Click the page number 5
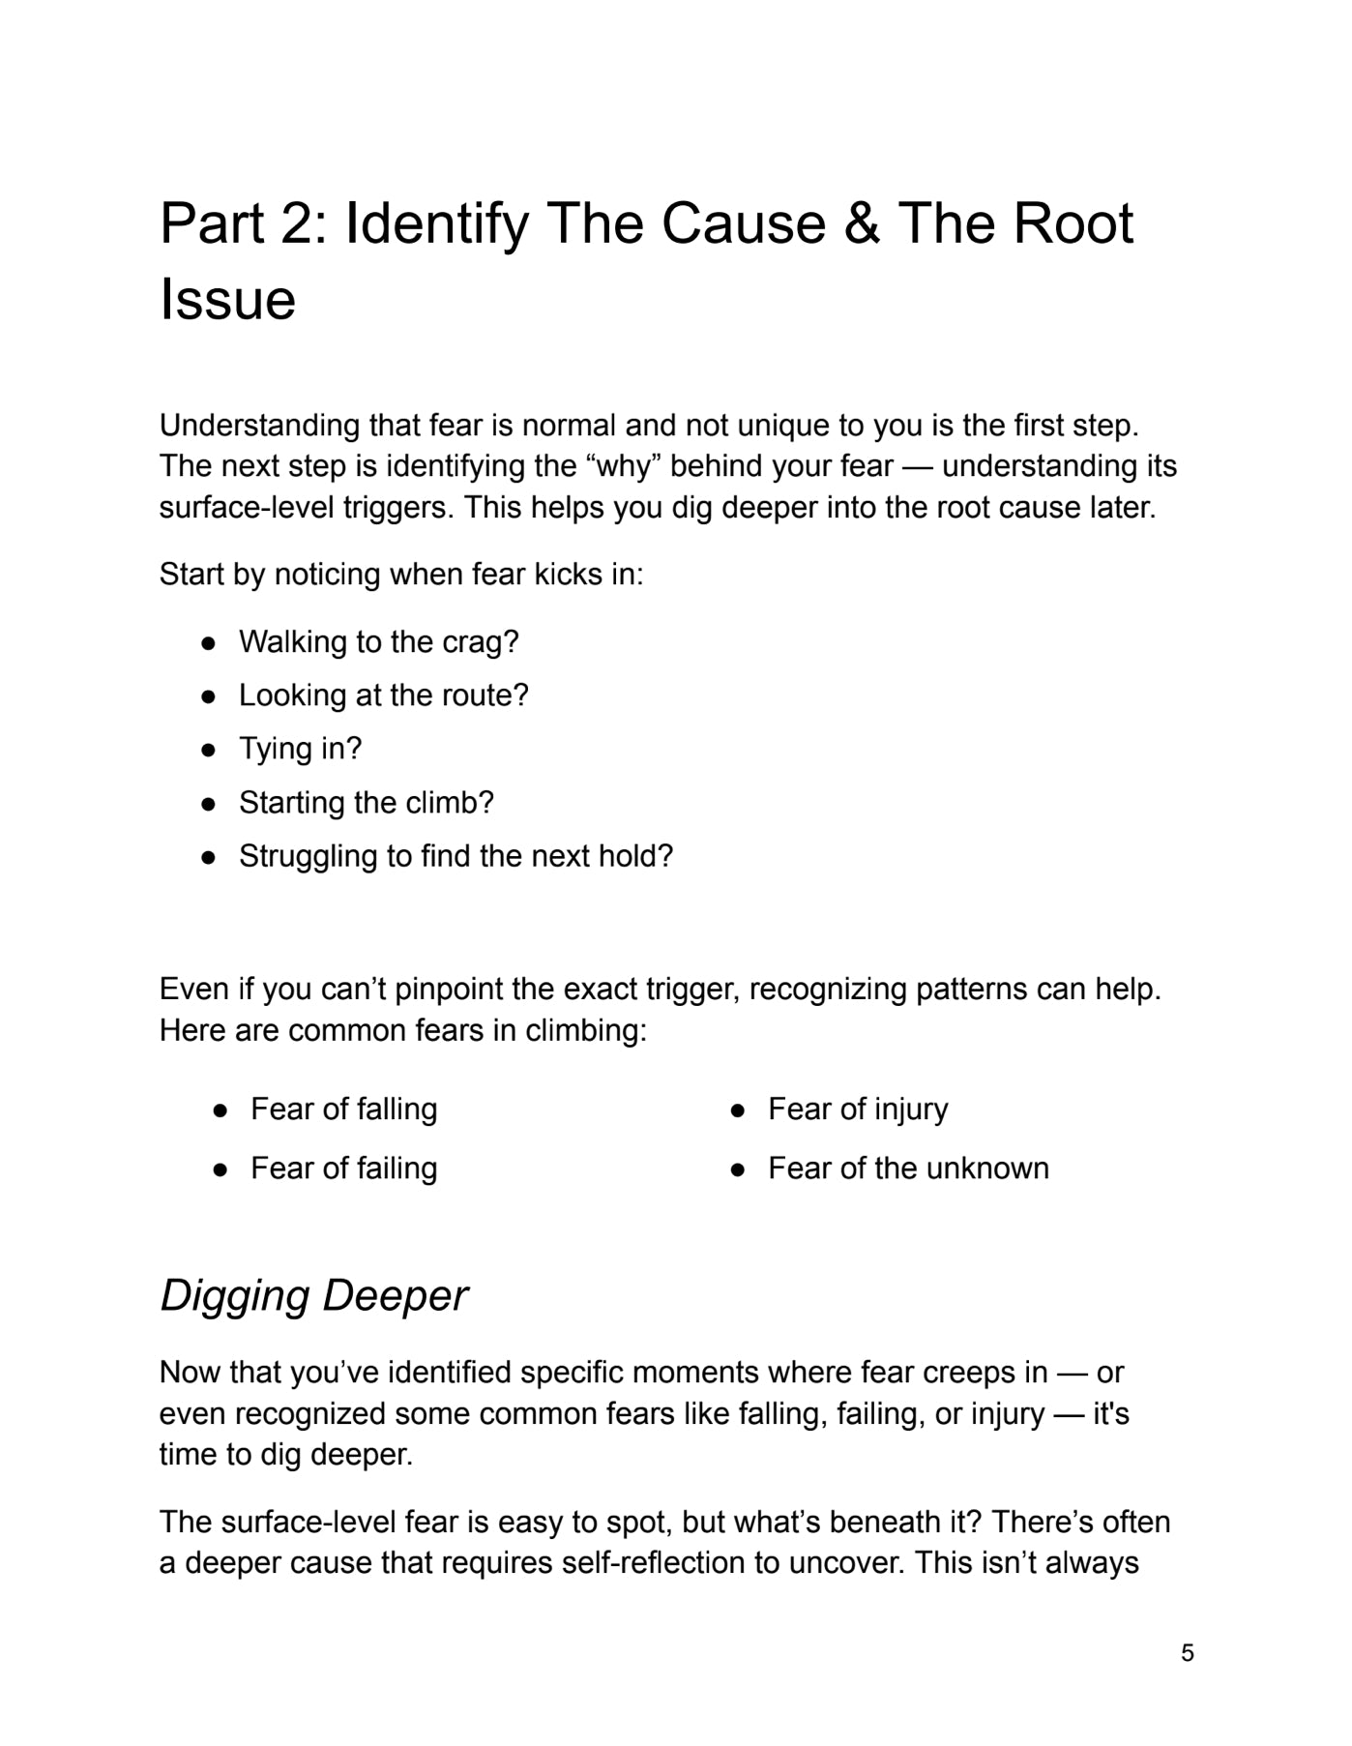(1188, 1652)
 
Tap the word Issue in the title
(227, 300)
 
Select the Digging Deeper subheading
(313, 1295)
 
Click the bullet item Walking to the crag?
(378, 641)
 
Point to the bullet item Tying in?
(300, 749)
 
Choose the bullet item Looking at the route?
(383, 695)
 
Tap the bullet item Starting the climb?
(366, 803)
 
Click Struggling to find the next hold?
(456, 856)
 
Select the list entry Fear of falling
(343, 1109)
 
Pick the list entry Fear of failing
(343, 1169)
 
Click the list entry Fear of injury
(858, 1109)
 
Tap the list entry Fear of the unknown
(908, 1169)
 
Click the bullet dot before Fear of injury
(738, 1110)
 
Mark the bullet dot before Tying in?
(208, 750)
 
